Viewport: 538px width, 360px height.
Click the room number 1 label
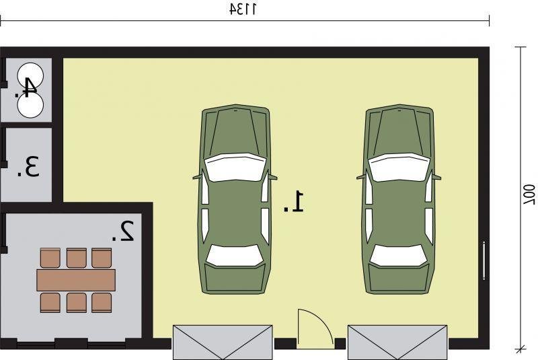coord(294,202)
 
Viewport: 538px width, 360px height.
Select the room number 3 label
coord(29,167)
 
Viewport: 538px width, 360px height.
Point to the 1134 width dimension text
coord(243,9)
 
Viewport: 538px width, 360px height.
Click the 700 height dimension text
coord(529,194)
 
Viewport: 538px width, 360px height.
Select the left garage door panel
coord(223,342)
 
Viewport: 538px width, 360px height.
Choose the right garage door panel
coord(397,342)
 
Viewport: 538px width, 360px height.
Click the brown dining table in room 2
coord(76,280)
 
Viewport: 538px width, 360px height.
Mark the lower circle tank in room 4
coord(30,105)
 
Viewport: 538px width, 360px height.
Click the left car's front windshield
coord(235,167)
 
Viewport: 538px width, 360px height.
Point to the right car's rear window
coord(399,255)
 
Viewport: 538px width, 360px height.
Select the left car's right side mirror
coord(272,177)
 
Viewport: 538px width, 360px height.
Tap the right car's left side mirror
coord(361,177)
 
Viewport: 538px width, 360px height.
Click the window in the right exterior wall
coord(484,261)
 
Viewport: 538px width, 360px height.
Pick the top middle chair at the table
coord(76,258)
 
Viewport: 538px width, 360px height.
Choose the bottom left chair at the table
coord(50,303)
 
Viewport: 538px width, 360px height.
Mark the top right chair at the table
coord(102,258)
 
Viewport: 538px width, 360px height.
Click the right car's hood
coord(399,132)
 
